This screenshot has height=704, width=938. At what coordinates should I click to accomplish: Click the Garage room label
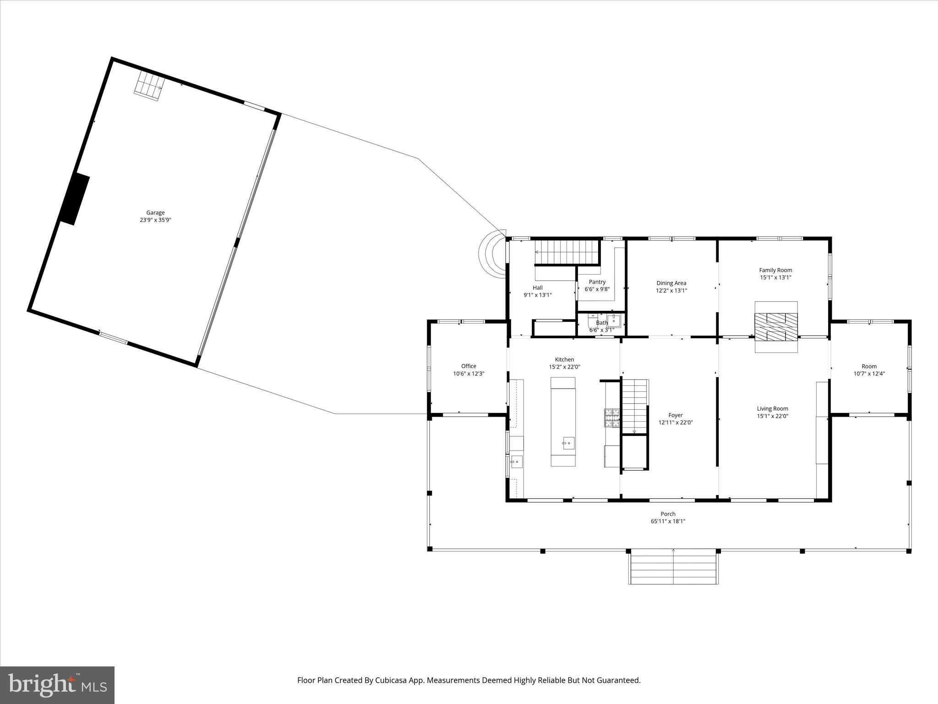pyautogui.click(x=155, y=213)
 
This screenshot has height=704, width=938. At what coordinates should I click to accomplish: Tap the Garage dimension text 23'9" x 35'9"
pyautogui.click(x=155, y=220)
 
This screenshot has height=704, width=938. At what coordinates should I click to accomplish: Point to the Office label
pyautogui.click(x=469, y=366)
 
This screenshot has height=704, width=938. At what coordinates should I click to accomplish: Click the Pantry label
pyautogui.click(x=597, y=282)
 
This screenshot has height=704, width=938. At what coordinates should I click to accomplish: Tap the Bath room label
pyautogui.click(x=601, y=323)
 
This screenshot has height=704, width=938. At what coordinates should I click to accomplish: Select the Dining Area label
pyautogui.click(x=671, y=283)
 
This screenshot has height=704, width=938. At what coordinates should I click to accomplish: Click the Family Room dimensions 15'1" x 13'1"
pyautogui.click(x=775, y=277)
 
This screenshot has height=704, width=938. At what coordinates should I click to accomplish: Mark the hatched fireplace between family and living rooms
pyautogui.click(x=776, y=327)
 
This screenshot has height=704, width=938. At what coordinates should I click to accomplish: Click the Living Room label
pyautogui.click(x=772, y=408)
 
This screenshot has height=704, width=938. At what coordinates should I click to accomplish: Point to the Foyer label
pyautogui.click(x=675, y=415)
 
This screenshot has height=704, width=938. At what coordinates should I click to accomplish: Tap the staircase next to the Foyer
pyautogui.click(x=634, y=406)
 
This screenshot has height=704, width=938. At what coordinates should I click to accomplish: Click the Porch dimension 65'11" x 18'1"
pyautogui.click(x=668, y=521)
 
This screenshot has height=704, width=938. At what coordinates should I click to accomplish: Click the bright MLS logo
pyautogui.click(x=57, y=685)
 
